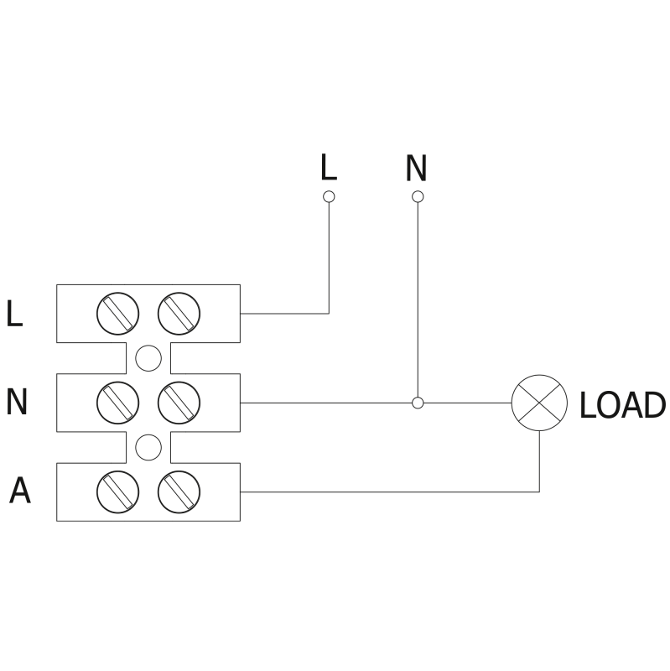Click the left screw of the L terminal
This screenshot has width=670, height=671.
[117, 313]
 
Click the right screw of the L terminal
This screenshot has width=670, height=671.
[179, 313]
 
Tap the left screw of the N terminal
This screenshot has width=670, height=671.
[117, 403]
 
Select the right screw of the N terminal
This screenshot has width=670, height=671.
[179, 403]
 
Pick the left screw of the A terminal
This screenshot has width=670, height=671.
[117, 492]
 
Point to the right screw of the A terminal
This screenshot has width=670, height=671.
[179, 492]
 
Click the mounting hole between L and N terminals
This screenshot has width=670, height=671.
[148, 358]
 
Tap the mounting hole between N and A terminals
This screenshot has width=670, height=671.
[148, 447]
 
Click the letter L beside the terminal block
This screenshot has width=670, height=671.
[14, 314]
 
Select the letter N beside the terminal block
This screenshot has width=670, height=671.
[17, 403]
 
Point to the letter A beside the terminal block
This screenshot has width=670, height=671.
[19, 492]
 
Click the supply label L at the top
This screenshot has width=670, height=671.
[328, 167]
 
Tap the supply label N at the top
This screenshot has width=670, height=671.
[416, 168]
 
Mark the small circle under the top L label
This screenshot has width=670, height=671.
[329, 196]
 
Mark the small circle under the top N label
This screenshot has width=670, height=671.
[418, 196]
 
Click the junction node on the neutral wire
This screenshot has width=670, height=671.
[418, 403]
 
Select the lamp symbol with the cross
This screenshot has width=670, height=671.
[539, 403]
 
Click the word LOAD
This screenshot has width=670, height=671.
[622, 406]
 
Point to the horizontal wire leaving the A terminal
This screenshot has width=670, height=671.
[386, 492]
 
